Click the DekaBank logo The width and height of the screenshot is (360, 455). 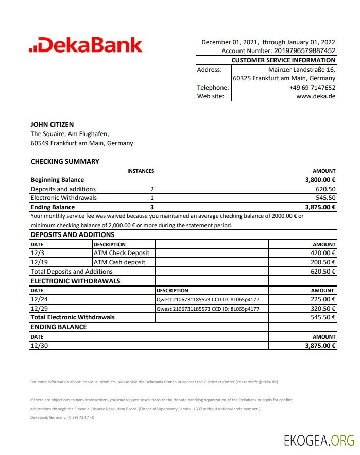coord(85,45)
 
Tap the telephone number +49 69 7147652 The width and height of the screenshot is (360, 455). coord(312,88)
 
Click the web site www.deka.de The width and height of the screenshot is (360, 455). coord(316,96)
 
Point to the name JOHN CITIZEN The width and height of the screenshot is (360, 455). coord(52,124)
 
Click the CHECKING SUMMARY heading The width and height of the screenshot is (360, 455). coord(65,161)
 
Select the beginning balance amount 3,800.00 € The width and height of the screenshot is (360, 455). coord(320,180)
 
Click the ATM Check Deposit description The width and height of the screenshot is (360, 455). coord(122,253)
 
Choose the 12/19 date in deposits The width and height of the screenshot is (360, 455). coord(38,262)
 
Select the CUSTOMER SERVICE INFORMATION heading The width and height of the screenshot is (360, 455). coord(283,60)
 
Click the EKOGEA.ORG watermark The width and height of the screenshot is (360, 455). coord(319,441)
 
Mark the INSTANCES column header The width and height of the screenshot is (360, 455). coord(141,171)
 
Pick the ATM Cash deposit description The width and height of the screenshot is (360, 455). coord(119,262)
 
